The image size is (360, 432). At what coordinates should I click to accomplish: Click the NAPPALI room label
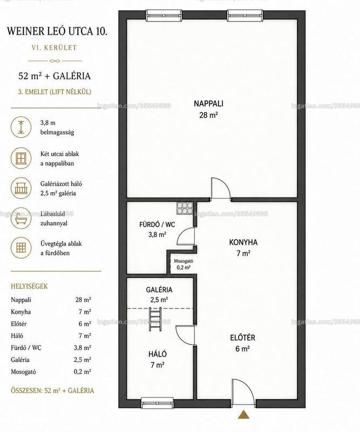coord(208,104)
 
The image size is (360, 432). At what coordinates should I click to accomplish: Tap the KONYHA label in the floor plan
coord(243,242)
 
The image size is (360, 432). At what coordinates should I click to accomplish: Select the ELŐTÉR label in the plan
coord(243,337)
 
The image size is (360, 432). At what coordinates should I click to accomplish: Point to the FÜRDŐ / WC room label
coord(157,225)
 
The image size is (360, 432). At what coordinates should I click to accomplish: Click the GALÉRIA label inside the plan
coord(159,289)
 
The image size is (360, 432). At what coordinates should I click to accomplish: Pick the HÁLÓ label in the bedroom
coord(158,354)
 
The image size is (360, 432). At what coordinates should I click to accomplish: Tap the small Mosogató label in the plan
coord(184,261)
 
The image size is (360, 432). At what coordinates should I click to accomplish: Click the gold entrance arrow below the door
coord(243,414)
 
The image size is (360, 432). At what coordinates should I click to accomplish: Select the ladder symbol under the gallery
coord(155,320)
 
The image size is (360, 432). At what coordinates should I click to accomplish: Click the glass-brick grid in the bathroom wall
coord(185,208)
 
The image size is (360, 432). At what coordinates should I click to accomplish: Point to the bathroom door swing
coord(186,237)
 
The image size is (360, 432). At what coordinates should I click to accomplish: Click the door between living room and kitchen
coord(221,188)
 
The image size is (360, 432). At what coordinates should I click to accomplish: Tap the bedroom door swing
coord(185,335)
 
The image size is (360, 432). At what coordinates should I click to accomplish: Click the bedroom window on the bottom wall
coord(157,402)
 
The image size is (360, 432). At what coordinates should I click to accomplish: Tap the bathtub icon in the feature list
coord(21,218)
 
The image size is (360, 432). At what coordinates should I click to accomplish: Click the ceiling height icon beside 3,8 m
coord(21,127)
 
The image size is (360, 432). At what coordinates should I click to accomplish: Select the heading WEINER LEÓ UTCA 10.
coord(57,31)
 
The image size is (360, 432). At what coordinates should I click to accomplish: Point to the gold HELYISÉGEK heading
coord(29,286)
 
